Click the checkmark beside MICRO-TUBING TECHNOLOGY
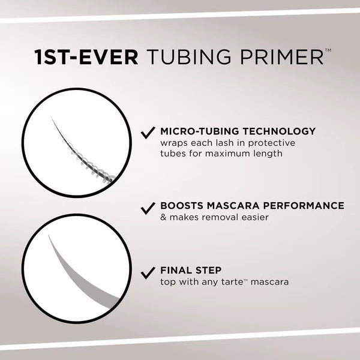tap(147, 133)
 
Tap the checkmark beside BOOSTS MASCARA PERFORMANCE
tap(147, 208)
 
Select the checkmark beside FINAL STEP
tap(147, 272)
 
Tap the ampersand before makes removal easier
tap(163, 217)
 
